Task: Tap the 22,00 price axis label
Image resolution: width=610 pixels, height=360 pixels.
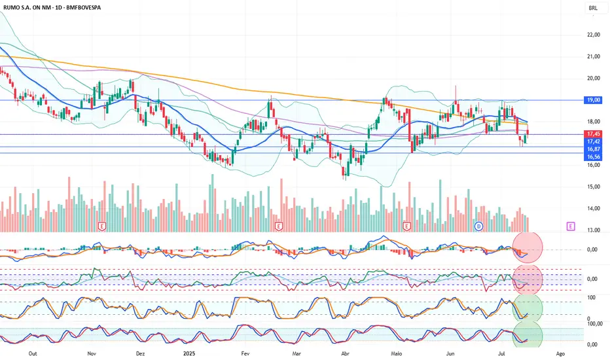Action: [x=594, y=35]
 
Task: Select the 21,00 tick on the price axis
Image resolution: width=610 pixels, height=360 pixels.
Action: [x=594, y=57]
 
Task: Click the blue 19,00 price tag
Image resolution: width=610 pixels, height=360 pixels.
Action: [x=594, y=99]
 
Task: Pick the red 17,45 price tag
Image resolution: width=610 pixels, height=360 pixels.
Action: [x=594, y=134]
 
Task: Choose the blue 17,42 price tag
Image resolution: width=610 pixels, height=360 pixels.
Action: [x=594, y=141]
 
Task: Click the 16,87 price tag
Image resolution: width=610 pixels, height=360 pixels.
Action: [x=594, y=149]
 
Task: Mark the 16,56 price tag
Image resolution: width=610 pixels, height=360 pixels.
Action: [x=594, y=156]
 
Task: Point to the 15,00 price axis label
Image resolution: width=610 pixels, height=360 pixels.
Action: [x=594, y=187]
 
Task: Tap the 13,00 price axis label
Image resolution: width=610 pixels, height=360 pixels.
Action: [x=594, y=230]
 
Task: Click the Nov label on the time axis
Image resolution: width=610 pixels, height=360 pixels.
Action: [x=92, y=353]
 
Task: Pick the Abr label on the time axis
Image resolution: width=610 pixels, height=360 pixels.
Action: [x=345, y=353]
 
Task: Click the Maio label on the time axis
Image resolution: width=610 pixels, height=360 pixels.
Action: [x=395, y=353]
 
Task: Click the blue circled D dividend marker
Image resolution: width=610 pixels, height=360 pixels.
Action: [x=478, y=226]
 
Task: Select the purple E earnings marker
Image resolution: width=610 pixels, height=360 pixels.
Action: [x=571, y=226]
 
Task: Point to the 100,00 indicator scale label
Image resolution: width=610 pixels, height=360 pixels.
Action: [x=595, y=323]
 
